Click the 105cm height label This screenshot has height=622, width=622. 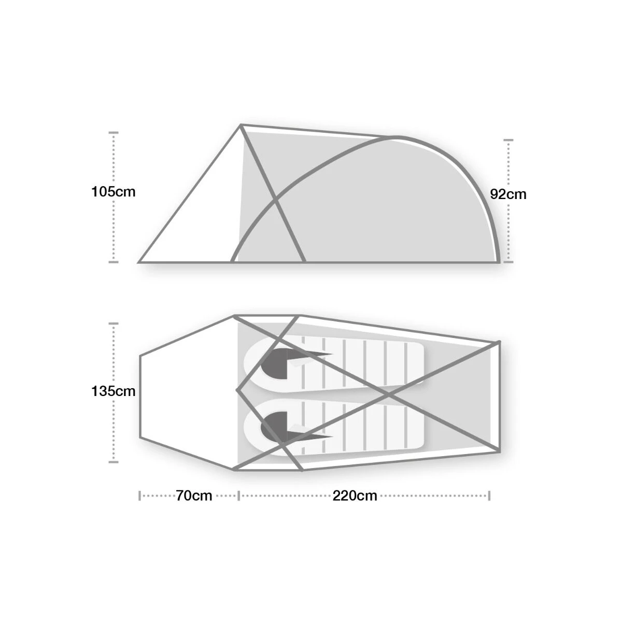coord(114,192)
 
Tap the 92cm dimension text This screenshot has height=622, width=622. coord(508,194)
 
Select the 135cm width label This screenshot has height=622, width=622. coord(114,391)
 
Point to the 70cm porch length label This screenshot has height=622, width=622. coord(194,496)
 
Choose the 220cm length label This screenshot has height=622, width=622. coord(355,496)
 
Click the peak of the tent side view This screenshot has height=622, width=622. coord(241,125)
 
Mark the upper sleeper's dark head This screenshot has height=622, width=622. coord(274,364)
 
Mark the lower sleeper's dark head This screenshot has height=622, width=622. coord(274,427)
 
